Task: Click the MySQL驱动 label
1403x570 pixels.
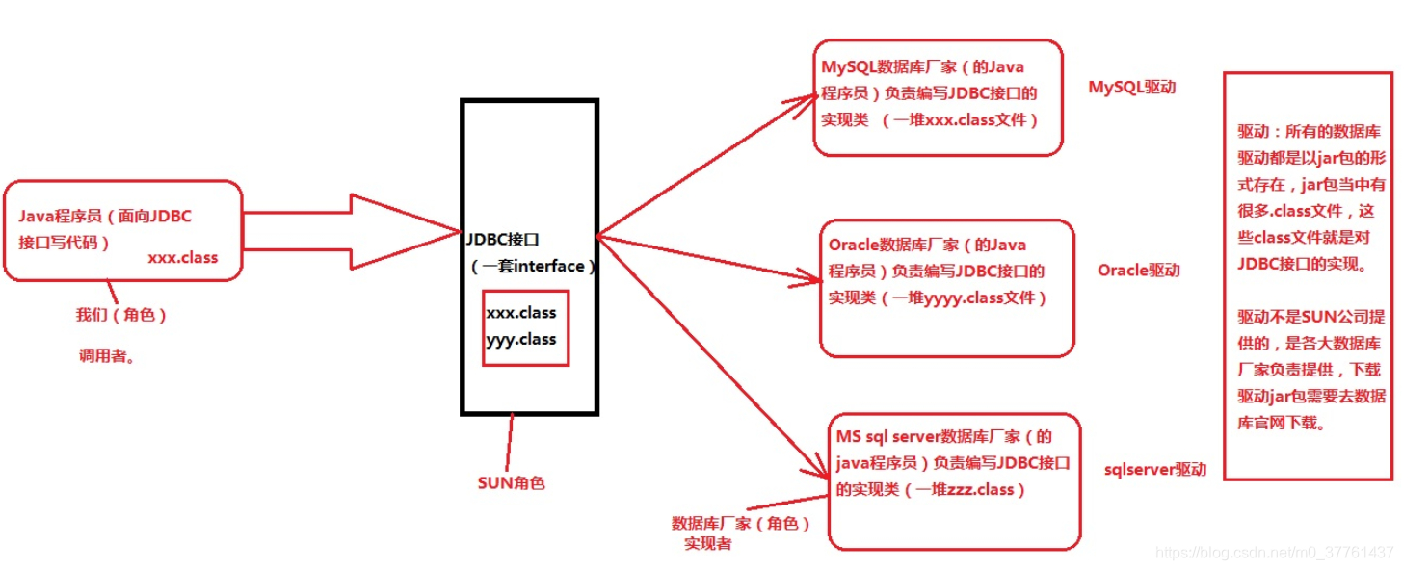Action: (x=1132, y=88)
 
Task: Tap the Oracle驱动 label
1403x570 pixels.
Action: (x=1138, y=271)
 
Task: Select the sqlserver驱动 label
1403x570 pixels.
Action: (x=1154, y=470)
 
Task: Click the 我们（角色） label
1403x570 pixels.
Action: (x=120, y=315)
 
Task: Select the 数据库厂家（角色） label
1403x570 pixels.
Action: (x=739, y=524)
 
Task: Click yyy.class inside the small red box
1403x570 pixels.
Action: (x=521, y=339)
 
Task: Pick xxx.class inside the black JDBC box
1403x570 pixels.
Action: (x=521, y=314)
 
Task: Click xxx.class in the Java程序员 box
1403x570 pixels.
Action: (x=182, y=258)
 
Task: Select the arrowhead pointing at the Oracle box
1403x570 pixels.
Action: (x=807, y=280)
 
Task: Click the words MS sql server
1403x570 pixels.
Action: (x=887, y=437)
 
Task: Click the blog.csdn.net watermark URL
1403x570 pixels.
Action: (x=1274, y=553)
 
